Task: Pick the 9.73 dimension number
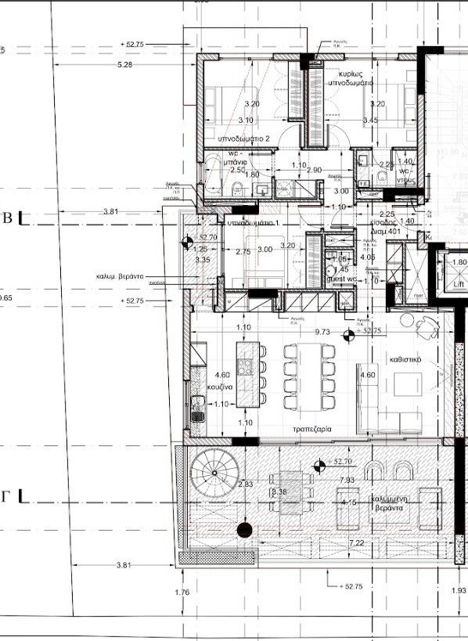point(322,332)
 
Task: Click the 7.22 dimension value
point(357,542)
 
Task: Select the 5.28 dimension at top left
point(124,64)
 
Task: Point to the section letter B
point(9,219)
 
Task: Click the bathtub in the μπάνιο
point(213,175)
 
